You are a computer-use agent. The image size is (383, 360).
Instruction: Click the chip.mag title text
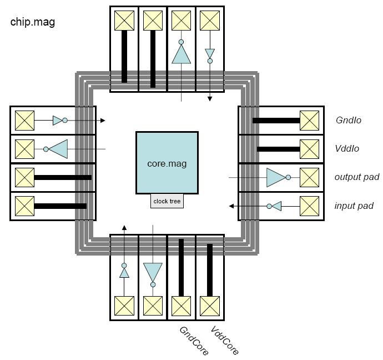point(33,22)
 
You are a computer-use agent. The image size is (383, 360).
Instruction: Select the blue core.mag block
point(167,162)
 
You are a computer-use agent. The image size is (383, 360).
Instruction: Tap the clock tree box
point(167,201)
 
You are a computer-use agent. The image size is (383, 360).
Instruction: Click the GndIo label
point(349,120)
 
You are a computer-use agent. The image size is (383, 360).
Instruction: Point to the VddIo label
point(347,148)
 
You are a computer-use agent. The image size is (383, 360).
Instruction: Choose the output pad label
point(356,177)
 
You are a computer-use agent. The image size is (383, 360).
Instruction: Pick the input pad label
point(354,206)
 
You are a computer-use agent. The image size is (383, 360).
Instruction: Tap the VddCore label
point(224,340)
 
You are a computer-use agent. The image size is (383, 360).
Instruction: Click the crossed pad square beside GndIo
point(309,120)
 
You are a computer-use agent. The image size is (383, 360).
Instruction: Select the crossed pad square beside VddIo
point(309,149)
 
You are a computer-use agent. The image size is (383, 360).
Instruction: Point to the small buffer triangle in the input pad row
point(276,206)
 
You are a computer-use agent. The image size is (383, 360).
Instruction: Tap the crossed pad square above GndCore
point(182,306)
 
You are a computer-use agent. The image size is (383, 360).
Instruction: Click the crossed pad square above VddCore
point(210,306)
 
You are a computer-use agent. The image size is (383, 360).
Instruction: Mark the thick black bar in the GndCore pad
point(181,267)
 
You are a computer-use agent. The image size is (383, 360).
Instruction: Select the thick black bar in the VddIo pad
point(278,149)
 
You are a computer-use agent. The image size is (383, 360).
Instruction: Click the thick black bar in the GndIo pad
point(276,120)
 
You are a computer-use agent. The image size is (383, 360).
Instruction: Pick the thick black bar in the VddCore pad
point(210,269)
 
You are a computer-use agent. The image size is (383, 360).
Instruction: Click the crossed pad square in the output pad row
point(309,178)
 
